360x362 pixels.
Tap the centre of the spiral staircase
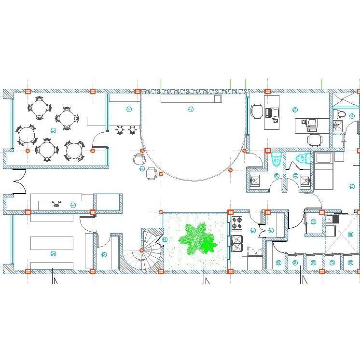point(141,250)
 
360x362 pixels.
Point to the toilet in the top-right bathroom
point(341,115)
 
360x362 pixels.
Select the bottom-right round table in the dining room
point(74,150)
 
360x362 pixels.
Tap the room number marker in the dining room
point(53,130)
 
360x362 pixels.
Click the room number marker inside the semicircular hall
point(191,110)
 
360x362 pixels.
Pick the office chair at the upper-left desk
point(258,111)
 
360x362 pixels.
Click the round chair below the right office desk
point(315,140)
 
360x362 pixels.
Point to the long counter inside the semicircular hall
point(191,99)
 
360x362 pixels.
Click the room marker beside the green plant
point(165,240)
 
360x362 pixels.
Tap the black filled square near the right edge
point(336,219)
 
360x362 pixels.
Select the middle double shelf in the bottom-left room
point(52,243)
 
